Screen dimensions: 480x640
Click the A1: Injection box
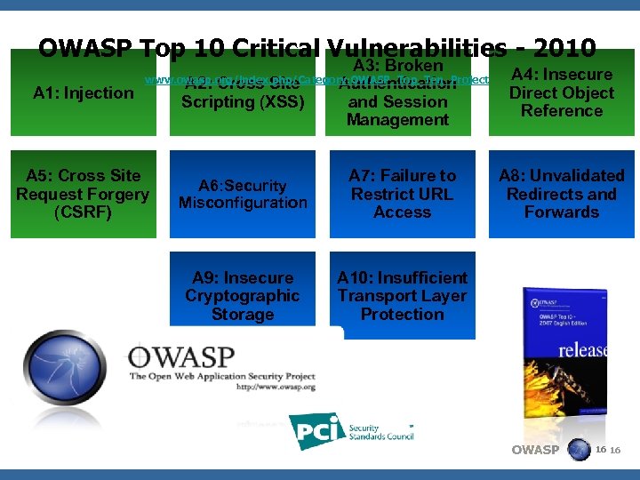tap(83, 92)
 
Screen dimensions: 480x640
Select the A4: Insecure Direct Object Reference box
tap(562, 92)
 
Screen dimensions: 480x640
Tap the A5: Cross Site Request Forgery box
tap(83, 194)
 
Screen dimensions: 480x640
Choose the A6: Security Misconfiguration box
tap(243, 194)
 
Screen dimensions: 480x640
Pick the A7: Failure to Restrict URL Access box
tap(402, 194)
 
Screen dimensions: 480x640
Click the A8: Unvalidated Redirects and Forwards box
tap(562, 194)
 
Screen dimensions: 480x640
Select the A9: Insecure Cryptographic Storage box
tap(243, 296)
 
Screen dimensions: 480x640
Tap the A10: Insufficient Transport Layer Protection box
tap(402, 296)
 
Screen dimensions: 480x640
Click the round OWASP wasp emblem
tap(67, 367)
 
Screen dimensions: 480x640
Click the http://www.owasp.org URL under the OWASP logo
tap(276, 388)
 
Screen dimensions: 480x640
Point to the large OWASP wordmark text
tap(182, 357)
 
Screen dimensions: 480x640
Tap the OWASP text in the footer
tap(535, 450)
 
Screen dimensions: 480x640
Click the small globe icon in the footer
tap(579, 450)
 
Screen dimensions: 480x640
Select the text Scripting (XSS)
tap(243, 102)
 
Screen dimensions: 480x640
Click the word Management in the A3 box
tap(397, 120)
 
